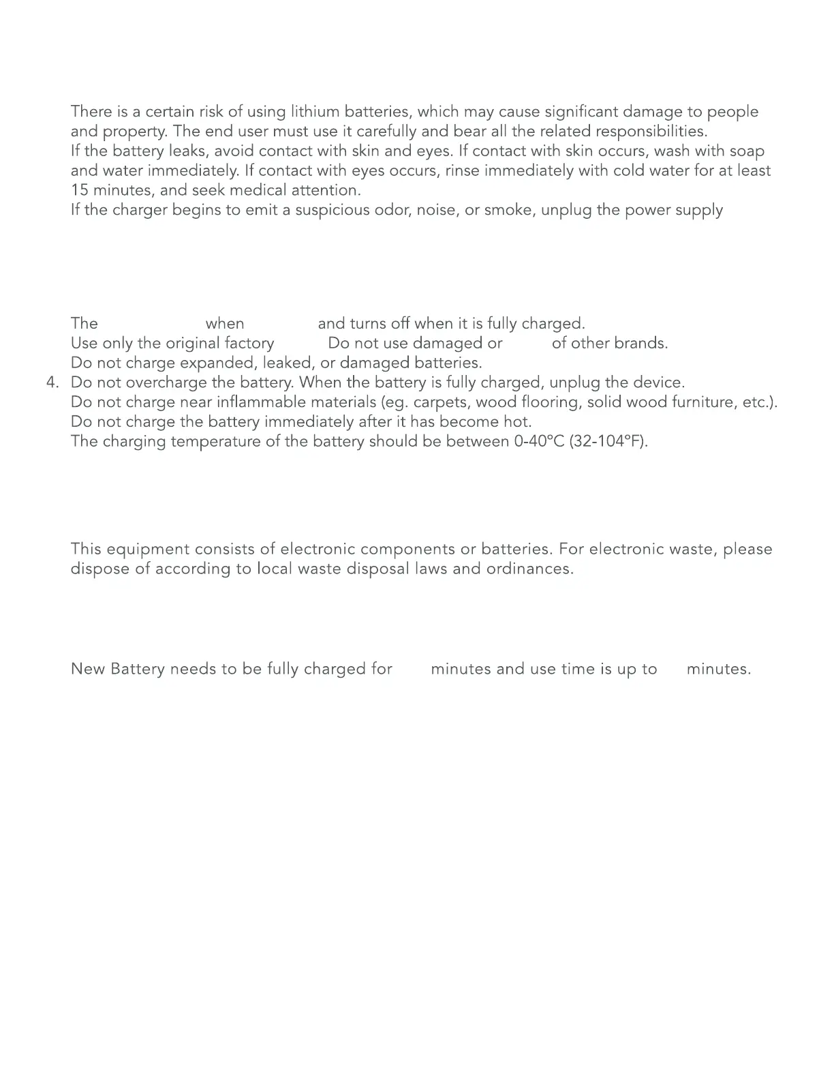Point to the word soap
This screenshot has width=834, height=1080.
coord(747,151)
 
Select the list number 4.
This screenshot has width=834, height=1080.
coord(52,382)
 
